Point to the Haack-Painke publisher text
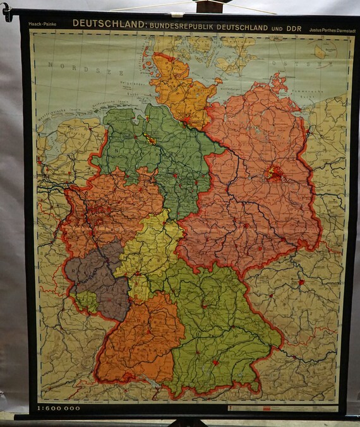(42, 25)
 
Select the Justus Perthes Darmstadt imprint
(330, 29)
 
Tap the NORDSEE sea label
(69, 64)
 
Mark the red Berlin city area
(274, 172)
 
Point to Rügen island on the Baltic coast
(277, 81)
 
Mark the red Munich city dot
(216, 363)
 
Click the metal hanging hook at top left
(8, 12)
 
